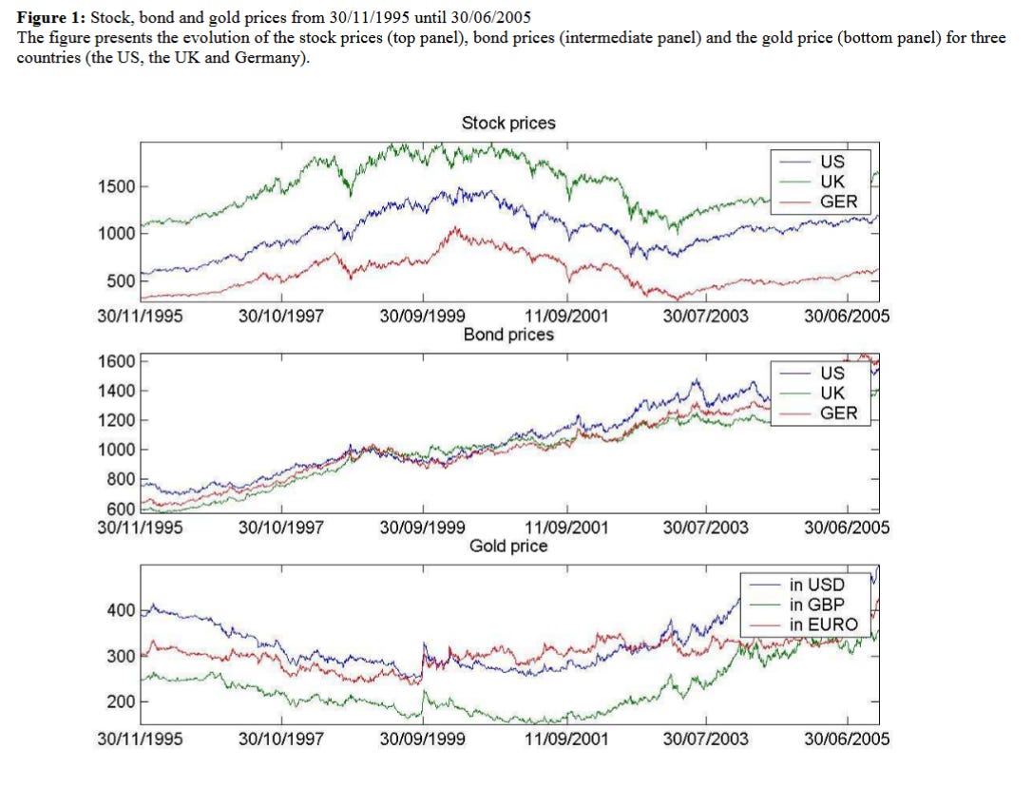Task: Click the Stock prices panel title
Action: (x=508, y=124)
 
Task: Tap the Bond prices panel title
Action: (x=508, y=335)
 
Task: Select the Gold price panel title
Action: (x=508, y=546)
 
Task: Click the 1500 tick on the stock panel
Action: (x=117, y=186)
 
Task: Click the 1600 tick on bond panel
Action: (x=117, y=361)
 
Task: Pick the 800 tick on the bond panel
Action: (x=122, y=479)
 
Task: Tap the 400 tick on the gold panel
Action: (x=122, y=609)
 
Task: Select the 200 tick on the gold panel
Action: (x=122, y=701)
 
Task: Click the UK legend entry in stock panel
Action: (x=831, y=182)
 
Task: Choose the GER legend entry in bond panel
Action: (x=838, y=413)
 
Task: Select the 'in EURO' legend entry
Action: (x=823, y=624)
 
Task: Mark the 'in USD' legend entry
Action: (x=816, y=585)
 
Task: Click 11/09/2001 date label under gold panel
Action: (x=566, y=738)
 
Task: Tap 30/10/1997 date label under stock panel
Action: (x=280, y=317)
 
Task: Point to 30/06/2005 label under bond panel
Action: (x=847, y=528)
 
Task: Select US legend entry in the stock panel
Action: (x=831, y=162)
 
